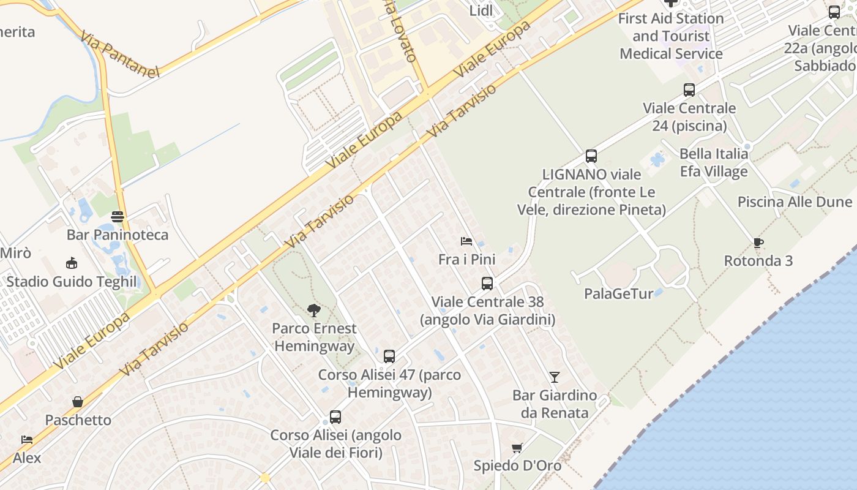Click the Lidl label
(481, 10)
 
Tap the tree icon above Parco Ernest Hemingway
(314, 311)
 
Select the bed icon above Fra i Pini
(466, 241)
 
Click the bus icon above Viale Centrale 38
(487, 284)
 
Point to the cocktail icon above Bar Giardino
(555, 377)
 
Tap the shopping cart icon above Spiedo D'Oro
(517, 448)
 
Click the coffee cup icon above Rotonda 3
(758, 243)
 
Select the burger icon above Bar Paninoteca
(118, 216)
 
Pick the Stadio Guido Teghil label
(72, 282)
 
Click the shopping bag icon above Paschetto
(78, 402)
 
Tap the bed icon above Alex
(27, 440)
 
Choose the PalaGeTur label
(618, 294)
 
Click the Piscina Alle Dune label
(795, 202)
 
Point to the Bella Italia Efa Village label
(714, 162)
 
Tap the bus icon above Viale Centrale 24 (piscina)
(689, 90)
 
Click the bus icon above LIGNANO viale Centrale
(591, 156)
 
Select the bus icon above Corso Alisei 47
(389, 356)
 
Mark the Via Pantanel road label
(119, 54)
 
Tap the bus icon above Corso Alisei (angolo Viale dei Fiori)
(335, 417)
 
